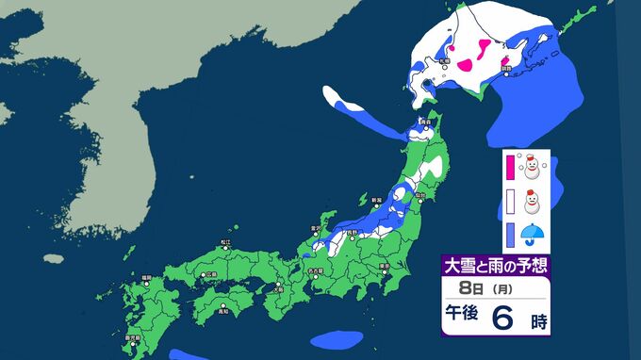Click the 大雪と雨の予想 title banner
(x=495, y=265)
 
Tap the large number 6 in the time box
(x=503, y=319)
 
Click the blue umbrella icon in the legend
(x=534, y=237)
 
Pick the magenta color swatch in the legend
(x=510, y=168)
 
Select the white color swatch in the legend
(x=510, y=202)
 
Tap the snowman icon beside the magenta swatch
(x=534, y=168)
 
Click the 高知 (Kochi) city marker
(x=225, y=304)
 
